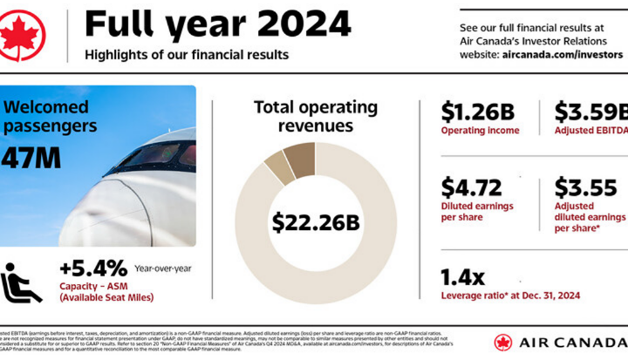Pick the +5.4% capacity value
[93, 267]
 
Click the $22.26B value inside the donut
[315, 222]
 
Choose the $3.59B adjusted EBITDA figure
[590, 112]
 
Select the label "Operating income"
[480, 131]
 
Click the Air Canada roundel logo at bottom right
[503, 343]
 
